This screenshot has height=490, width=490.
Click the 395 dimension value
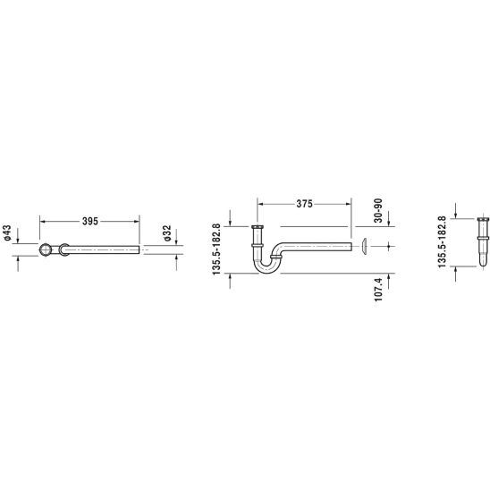(90, 221)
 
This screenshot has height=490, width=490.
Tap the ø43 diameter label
(7, 232)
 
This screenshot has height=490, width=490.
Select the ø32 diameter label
(167, 232)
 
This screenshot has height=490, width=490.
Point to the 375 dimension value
(304, 204)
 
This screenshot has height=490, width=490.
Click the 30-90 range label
(378, 210)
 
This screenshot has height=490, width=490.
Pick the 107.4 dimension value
(378, 290)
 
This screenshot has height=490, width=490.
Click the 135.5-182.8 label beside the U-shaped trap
(216, 249)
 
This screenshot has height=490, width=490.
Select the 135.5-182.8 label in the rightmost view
(442, 242)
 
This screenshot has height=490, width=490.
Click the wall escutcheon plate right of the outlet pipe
(364, 246)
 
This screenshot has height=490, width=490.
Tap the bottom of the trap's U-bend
(266, 272)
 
